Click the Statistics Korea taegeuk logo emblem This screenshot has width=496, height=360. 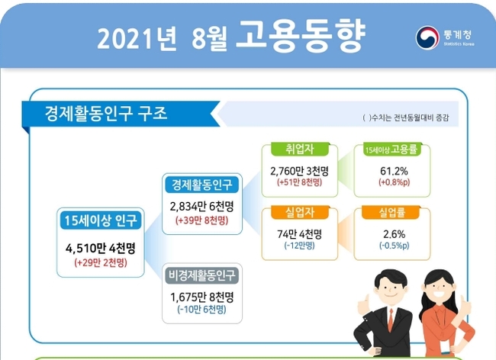tap(427, 37)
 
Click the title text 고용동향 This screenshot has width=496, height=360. tap(301, 36)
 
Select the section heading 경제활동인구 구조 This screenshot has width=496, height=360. tap(106, 114)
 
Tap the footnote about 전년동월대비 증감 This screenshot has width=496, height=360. tap(405, 118)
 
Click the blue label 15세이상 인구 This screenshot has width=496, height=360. tap(101, 220)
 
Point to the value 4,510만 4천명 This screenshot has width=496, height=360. tap(101, 248)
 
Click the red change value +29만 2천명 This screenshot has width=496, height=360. tap(101, 262)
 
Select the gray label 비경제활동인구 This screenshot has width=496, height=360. tap(201, 275)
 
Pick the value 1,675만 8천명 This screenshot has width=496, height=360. tap(201, 297)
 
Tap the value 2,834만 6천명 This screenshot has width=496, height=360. tap(201, 207)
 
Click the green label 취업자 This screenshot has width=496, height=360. tap(300, 149)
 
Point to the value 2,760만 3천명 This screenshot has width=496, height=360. tap(300, 171)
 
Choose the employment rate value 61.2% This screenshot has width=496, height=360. tap(394, 171)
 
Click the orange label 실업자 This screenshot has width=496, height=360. tap(300, 212)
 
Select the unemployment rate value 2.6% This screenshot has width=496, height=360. tap(395, 234)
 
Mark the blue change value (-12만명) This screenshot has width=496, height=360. tap(300, 246)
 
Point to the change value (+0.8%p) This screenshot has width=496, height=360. tap(395, 182)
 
